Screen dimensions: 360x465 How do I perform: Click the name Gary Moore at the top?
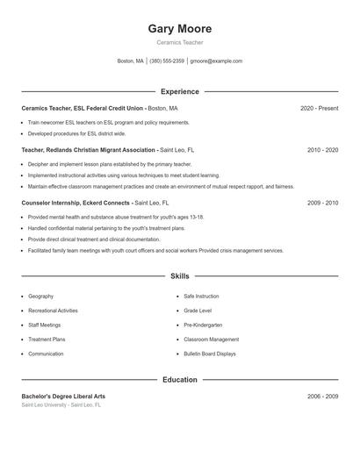[x=179, y=29]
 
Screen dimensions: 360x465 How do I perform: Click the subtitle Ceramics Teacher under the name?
[x=179, y=43]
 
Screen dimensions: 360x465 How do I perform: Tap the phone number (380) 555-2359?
[x=167, y=61]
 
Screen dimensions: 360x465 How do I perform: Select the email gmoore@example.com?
[x=216, y=61]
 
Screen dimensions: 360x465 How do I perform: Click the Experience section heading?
[x=179, y=91]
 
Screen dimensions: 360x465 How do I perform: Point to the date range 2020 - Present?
[x=319, y=108]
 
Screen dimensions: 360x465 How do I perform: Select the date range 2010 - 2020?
[x=322, y=150]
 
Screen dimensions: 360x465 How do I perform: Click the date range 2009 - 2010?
[x=322, y=203]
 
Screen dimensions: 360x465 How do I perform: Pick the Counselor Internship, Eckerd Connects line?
[x=76, y=203]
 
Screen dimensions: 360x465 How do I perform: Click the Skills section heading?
[x=179, y=275]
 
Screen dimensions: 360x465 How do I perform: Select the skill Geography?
[x=40, y=297]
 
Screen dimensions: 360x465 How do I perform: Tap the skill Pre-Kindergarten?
[x=204, y=325]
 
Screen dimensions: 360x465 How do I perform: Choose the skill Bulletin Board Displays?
[x=209, y=354]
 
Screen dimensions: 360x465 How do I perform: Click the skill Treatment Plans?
[x=47, y=339]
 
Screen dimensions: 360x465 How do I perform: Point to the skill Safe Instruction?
[x=201, y=297]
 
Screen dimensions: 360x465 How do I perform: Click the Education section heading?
[x=179, y=380]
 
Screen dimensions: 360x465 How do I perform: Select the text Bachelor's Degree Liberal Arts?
[x=63, y=397]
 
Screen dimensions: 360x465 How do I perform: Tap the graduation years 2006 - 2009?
[x=322, y=397]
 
